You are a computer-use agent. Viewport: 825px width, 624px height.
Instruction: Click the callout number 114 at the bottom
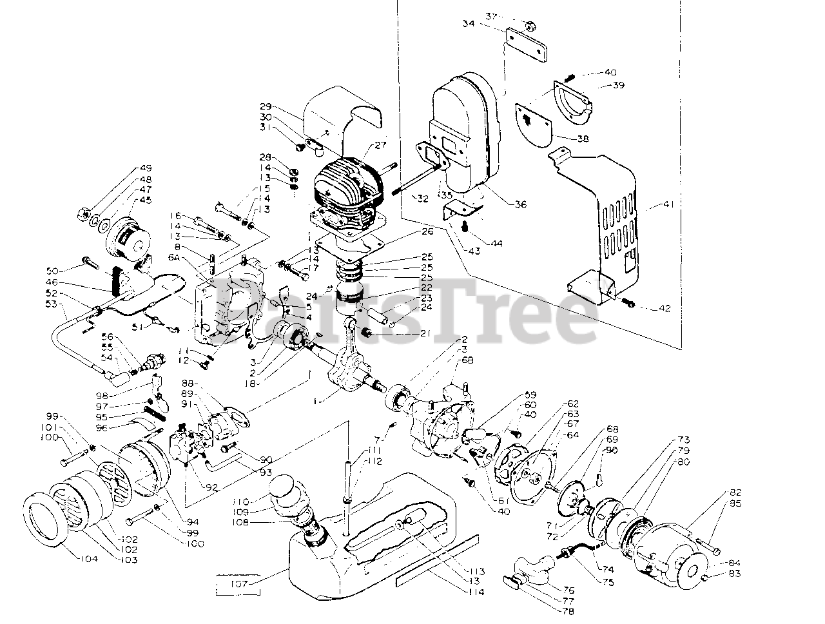[477, 592]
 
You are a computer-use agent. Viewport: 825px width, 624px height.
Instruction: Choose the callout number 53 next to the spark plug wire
[52, 304]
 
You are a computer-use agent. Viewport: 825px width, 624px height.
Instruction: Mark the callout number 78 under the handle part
[567, 611]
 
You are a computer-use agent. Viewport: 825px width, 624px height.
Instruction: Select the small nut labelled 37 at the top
[529, 26]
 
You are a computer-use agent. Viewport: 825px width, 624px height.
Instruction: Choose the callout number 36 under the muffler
[520, 204]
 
